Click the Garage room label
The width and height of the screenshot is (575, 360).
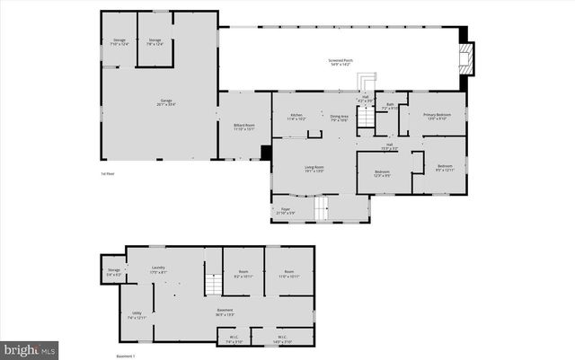pos(166,101)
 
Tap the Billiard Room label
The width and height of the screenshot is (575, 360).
pos(244,127)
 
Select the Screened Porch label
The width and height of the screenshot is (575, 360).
pos(341,61)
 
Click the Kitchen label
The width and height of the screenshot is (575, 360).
pos(296,117)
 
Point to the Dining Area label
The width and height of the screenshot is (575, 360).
pos(339,117)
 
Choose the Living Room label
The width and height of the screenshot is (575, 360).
pos(313,169)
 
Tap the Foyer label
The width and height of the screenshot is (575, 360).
pos(286,210)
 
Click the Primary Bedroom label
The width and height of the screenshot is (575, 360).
pos(438,116)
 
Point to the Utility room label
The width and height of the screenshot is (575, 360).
pos(137,315)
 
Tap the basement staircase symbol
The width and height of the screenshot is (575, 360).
pos(213,285)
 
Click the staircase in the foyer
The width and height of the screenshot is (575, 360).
pos(322,210)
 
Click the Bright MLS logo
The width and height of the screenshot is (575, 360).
pos(29,347)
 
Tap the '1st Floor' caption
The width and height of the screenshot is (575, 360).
pos(108,173)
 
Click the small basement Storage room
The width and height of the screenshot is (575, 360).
pos(113,271)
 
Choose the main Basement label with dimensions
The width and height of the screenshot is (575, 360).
pos(226,313)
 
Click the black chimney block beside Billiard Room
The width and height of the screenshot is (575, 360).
pos(266,153)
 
